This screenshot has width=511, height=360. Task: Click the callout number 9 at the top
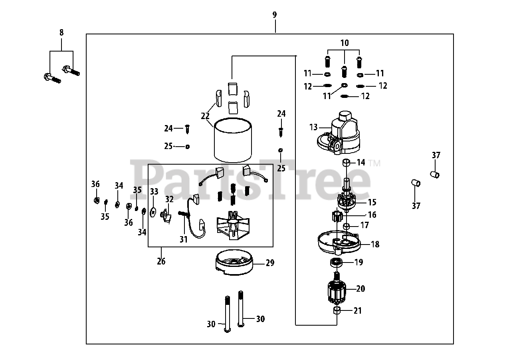tap(275, 15)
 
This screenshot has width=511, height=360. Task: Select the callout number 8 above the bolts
tap(61, 33)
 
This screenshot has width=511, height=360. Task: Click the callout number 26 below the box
tap(161, 261)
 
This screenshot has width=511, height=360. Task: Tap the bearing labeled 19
tap(337, 263)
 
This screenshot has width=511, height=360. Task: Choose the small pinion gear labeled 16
tap(338, 217)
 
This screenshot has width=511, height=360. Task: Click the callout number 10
tap(344, 42)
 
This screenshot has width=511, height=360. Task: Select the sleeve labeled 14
tap(346, 163)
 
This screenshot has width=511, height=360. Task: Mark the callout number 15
tap(372, 202)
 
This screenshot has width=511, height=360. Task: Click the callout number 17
tap(364, 225)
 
